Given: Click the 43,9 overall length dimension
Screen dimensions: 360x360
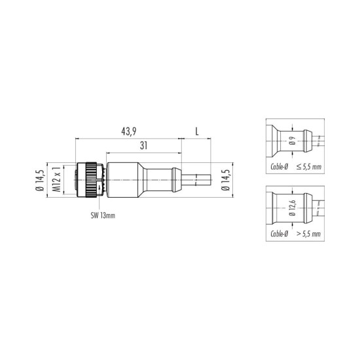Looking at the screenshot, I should tap(129, 132).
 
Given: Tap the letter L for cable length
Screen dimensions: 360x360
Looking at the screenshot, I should tap(197, 132).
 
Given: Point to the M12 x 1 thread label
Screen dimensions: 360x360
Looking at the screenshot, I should tap(58, 179).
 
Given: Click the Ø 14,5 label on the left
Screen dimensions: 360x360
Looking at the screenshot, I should tap(41, 180).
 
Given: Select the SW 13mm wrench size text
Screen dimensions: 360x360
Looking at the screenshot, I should tap(102, 215).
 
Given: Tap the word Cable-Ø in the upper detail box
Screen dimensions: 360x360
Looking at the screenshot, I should tap(279, 167).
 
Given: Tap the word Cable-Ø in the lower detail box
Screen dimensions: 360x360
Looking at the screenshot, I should tap(279, 234).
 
